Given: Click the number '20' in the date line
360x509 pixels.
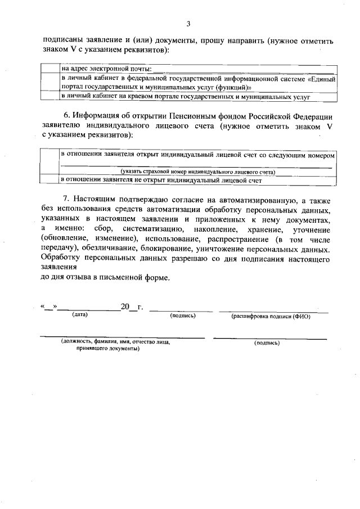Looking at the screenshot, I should coord(125,307).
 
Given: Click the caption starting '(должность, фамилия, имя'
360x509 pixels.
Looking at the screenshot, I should coord(115,341).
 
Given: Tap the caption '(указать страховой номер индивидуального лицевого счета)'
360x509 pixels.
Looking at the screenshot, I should coord(197,171).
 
